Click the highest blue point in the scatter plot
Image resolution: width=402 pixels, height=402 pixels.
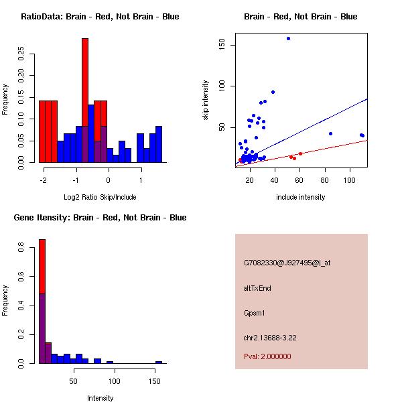(288, 38)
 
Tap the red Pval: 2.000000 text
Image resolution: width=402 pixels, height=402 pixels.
(267, 356)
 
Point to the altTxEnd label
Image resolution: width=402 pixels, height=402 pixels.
(257, 288)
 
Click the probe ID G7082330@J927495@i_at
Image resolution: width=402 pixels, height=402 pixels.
(287, 263)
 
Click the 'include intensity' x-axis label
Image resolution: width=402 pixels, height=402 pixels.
(301, 197)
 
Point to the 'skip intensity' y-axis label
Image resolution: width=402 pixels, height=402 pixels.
(206, 100)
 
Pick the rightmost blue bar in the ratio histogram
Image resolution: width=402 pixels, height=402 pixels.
(159, 144)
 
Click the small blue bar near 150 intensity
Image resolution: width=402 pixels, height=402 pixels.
(159, 362)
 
